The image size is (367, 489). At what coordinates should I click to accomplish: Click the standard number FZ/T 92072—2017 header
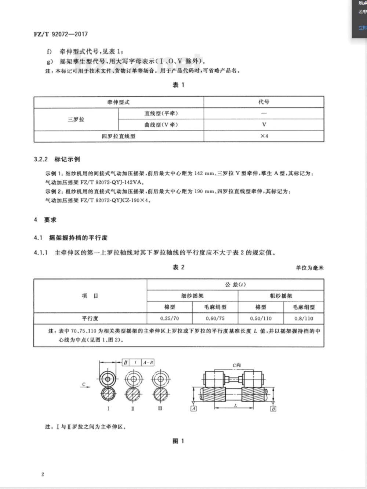click(61, 34)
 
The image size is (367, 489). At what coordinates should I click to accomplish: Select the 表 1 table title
click(178, 85)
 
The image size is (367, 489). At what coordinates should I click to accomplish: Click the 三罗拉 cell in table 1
click(76, 119)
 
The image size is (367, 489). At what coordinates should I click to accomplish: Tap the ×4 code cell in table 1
click(264, 136)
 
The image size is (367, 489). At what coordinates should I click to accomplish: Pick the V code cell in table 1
click(264, 125)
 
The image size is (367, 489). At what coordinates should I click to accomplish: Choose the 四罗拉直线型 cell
click(119, 136)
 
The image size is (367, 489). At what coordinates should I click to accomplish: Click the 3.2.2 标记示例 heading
click(57, 159)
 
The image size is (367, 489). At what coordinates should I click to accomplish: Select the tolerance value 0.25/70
click(170, 318)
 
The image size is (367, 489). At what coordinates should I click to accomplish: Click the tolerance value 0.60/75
click(215, 318)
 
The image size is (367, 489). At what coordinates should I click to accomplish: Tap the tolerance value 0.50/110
click(261, 318)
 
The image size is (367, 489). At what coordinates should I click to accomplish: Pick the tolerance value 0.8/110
click(304, 318)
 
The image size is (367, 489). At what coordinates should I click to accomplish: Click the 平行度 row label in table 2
click(90, 318)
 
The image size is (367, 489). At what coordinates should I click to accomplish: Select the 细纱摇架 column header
click(192, 296)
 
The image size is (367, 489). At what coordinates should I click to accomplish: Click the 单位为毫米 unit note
click(310, 268)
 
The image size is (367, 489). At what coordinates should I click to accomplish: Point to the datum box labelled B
click(273, 409)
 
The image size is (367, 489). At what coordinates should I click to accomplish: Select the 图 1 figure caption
click(178, 441)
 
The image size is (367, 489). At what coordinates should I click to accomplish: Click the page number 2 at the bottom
click(43, 474)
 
